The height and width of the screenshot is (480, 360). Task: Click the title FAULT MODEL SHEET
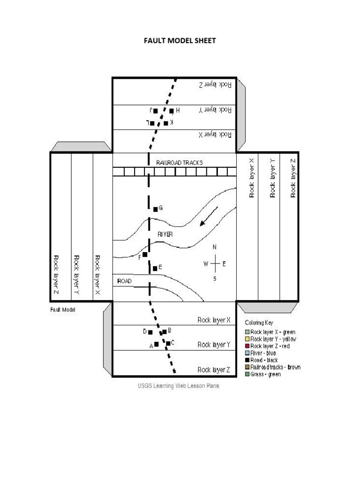point(180,41)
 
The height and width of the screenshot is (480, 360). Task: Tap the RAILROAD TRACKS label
point(180,163)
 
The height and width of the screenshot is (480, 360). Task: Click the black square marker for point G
point(156,209)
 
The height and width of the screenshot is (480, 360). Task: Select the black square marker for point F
point(145,255)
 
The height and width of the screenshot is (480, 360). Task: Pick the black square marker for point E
point(155,269)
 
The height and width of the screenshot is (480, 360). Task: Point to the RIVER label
point(165,233)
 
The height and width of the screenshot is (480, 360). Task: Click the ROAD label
point(124,281)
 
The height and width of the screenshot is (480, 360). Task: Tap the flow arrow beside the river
point(209,216)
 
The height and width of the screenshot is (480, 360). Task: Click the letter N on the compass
point(215,247)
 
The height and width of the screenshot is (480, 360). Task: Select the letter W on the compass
point(205,264)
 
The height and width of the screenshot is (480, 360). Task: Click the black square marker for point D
point(150,332)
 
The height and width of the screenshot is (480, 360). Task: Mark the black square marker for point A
point(157,345)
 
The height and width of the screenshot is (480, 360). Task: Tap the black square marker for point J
point(156,111)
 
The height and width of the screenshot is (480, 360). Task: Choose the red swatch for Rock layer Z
point(247,346)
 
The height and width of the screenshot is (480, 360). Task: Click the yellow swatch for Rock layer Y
point(247,339)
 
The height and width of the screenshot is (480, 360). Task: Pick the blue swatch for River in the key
point(247,353)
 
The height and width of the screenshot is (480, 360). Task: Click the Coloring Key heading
point(259,323)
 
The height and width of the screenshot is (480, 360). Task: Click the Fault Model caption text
point(62,309)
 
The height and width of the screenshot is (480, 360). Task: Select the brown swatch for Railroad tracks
point(247,367)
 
